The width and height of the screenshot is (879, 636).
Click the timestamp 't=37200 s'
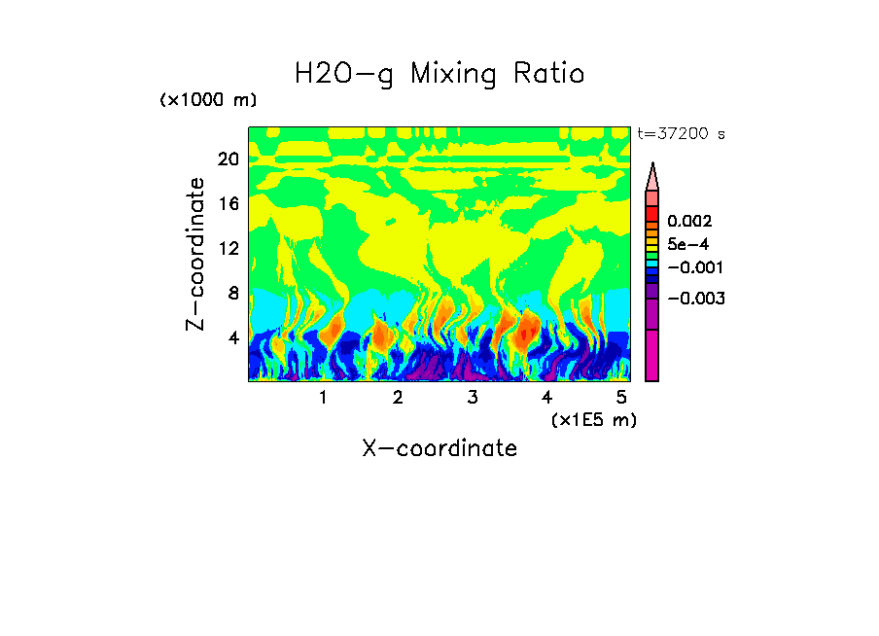pyautogui.click(x=681, y=134)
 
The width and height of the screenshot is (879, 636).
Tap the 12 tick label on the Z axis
pyautogui.click(x=228, y=248)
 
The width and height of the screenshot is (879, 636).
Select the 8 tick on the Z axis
pyautogui.click(x=232, y=293)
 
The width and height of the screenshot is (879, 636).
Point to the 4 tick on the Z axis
pyautogui.click(x=232, y=337)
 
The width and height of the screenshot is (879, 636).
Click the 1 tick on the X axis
pyautogui.click(x=323, y=398)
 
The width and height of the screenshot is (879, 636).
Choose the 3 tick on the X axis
pyautogui.click(x=472, y=398)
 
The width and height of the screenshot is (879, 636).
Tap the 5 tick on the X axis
pyautogui.click(x=621, y=398)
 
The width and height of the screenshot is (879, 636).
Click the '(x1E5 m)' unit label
pyautogui.click(x=593, y=419)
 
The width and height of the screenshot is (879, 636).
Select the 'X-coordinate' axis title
pyautogui.click(x=439, y=448)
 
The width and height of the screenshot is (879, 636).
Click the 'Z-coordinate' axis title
pyautogui.click(x=196, y=254)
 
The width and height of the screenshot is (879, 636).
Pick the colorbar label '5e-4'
pyautogui.click(x=687, y=244)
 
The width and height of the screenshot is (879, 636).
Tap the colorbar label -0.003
pyautogui.click(x=696, y=298)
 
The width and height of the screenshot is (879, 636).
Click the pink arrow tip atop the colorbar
pyautogui.click(x=652, y=175)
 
